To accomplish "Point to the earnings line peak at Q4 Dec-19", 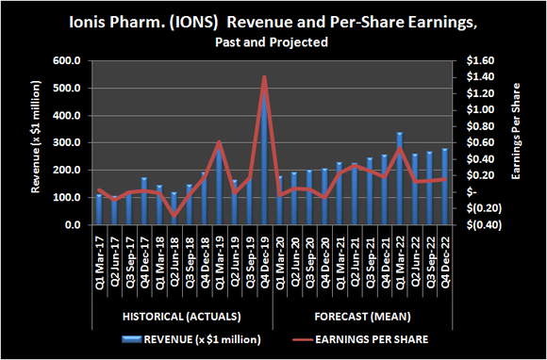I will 264,77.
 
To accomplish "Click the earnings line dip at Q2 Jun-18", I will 174,216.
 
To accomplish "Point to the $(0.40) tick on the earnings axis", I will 483,225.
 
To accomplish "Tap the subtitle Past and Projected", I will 273,42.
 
